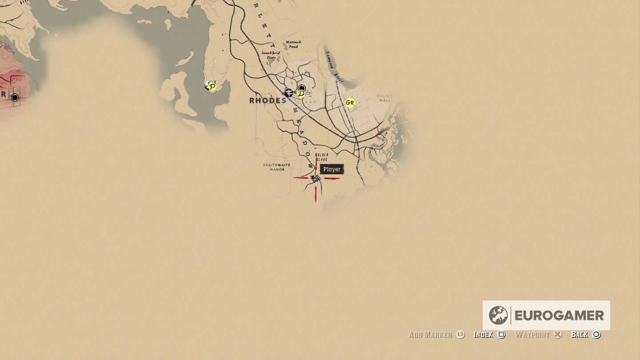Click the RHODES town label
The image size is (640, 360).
[268, 100]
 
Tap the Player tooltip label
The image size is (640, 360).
[332, 169]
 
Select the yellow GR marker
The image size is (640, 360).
[350, 103]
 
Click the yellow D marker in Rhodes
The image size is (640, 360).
[301, 93]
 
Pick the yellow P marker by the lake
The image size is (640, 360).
[212, 86]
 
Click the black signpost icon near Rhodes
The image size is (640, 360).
[288, 93]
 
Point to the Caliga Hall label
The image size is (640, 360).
[384, 98]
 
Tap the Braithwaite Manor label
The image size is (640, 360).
[276, 167]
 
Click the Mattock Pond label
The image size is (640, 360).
[293, 44]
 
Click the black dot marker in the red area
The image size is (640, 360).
[15, 97]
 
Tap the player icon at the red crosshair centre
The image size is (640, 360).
[316, 179]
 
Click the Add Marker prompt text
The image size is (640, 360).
[430, 335]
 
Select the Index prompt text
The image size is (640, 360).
[483, 335]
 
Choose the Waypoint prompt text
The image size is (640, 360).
[532, 335]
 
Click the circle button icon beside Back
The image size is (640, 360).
[596, 335]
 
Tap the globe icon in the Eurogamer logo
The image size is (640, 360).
[498, 315]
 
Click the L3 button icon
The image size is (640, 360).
[460, 335]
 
